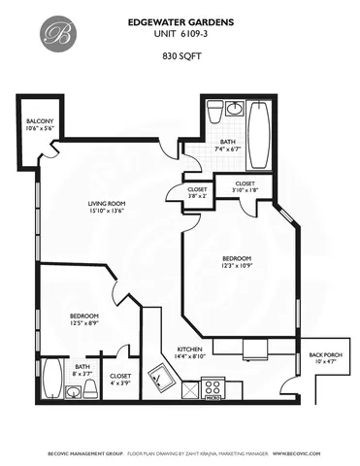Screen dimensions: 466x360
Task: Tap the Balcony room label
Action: [x=38, y=123]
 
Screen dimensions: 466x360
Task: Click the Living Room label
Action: [x=106, y=206]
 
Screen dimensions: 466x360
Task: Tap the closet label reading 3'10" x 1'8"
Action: [x=245, y=186]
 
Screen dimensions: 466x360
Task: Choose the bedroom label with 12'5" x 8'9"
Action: [x=83, y=320]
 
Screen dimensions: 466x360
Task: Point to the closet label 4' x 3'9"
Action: [x=120, y=378]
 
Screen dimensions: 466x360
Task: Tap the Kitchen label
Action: [x=189, y=352]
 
